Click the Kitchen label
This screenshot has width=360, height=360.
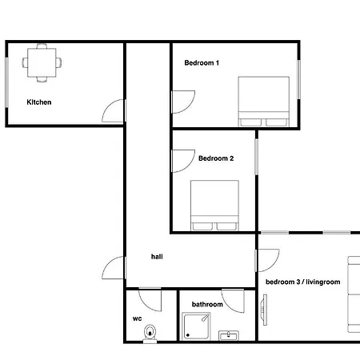pyautogui.click(x=39, y=102)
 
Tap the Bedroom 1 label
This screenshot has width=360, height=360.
pyautogui.click(x=202, y=62)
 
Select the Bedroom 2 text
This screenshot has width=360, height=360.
pyautogui.click(x=216, y=158)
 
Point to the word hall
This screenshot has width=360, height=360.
pyautogui.click(x=157, y=258)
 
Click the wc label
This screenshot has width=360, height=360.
pyautogui.click(x=137, y=318)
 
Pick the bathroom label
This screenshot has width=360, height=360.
pyautogui.click(x=206, y=305)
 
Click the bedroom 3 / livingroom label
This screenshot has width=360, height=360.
pyautogui.click(x=302, y=282)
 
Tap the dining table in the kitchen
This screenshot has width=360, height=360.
pyautogui.click(x=41, y=62)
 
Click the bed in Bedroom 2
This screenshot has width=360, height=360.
pyautogui.click(x=214, y=205)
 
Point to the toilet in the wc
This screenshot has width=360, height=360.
pyautogui.click(x=149, y=333)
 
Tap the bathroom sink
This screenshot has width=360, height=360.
pyautogui.click(x=229, y=336)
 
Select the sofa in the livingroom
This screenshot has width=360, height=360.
pyautogui.click(x=353, y=294)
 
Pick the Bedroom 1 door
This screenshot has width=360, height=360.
pyautogui.click(x=182, y=101)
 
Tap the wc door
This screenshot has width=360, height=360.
pyautogui.click(x=149, y=299)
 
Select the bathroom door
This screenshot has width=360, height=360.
pyautogui.click(x=234, y=299)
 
